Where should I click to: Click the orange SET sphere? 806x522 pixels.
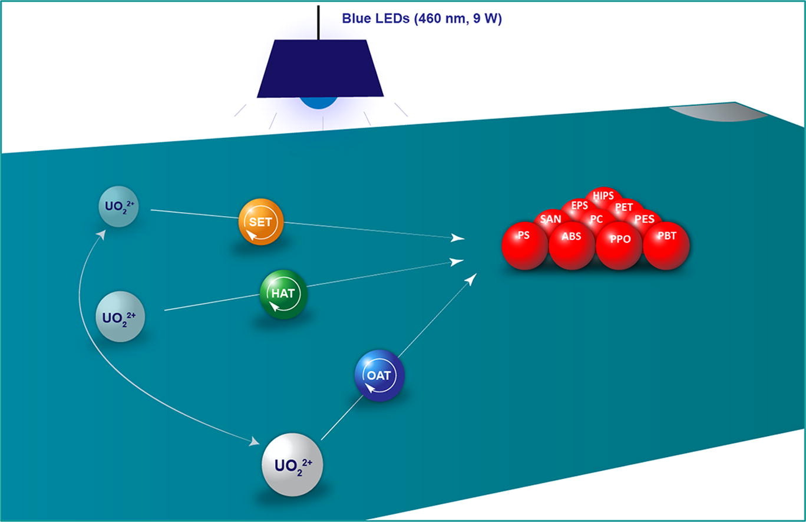261,222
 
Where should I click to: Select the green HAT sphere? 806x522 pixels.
283,294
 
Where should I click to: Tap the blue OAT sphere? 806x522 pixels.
379,375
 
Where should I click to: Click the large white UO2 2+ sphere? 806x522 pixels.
292,465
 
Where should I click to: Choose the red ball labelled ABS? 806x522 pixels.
572,246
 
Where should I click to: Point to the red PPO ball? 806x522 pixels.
619,246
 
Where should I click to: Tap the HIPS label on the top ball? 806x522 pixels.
603,196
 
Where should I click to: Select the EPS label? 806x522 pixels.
580,206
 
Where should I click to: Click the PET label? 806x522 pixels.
624,207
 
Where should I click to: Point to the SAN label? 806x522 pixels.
551,219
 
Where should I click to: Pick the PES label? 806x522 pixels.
644,219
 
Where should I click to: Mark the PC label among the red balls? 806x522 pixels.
596,219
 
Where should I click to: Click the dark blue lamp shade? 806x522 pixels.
321,68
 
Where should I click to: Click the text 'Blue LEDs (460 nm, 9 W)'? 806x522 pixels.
422,18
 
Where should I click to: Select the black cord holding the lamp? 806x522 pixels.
318,22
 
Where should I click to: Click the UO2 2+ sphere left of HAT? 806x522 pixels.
120,316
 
